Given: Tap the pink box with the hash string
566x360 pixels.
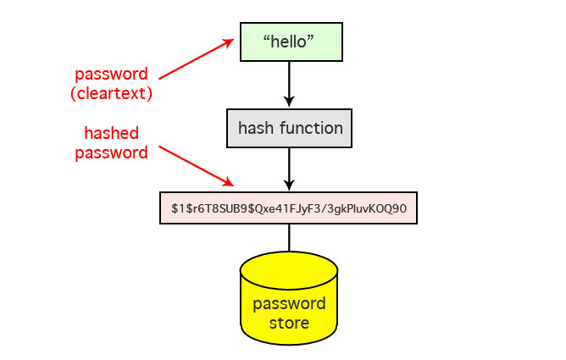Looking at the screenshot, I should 289,208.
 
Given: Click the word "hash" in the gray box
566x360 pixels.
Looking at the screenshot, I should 256,129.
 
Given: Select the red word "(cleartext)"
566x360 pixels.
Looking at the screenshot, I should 111,94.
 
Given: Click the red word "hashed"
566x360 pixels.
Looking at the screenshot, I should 111,134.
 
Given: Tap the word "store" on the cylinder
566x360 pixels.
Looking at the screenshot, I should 289,323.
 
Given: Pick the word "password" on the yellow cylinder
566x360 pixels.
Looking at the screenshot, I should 289,304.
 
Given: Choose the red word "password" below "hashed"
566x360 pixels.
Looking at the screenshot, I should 111,152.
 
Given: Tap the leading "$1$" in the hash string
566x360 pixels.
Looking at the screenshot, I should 180,208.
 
